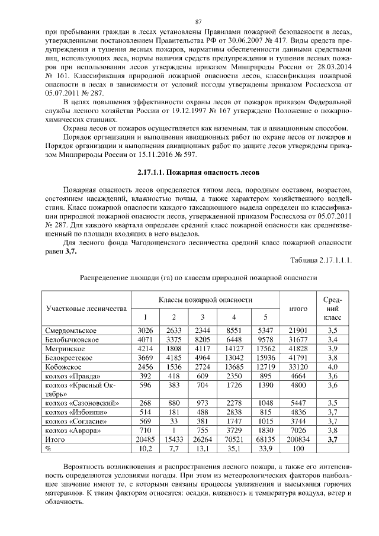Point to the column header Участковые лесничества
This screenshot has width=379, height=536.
86,309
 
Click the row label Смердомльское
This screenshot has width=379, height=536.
71,330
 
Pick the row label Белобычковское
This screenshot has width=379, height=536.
73,339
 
